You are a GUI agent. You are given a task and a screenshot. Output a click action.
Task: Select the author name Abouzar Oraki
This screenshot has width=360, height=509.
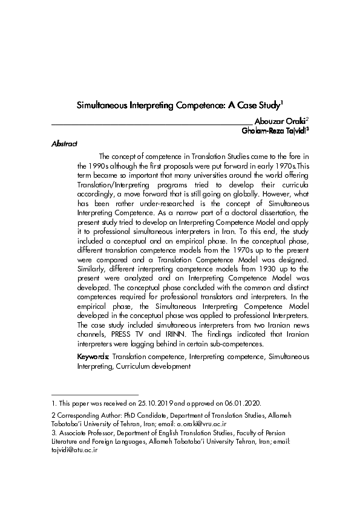pos(281,122)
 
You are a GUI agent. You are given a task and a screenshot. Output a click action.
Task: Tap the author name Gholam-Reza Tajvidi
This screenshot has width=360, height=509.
pos(275,130)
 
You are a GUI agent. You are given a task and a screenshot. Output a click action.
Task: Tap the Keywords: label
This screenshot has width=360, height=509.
pos(93,357)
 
